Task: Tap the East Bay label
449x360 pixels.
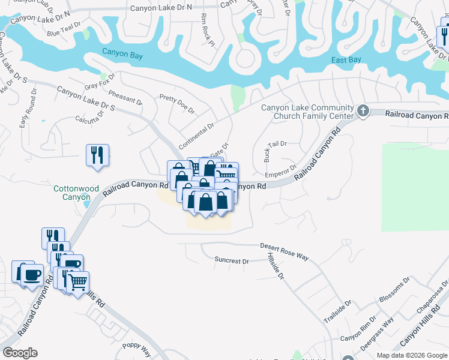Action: (x=346, y=60)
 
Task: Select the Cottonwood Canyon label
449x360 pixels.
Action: (x=76, y=193)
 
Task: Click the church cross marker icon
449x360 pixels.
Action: (x=363, y=110)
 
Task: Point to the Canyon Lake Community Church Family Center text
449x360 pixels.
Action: (x=307, y=112)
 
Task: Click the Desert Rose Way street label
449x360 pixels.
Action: (x=284, y=251)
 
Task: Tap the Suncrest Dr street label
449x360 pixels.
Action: (x=232, y=261)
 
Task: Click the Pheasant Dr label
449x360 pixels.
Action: (x=125, y=98)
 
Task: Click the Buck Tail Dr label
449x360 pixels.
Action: (x=276, y=144)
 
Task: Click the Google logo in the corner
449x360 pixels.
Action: (x=20, y=353)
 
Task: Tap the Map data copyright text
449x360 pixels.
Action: (x=412, y=355)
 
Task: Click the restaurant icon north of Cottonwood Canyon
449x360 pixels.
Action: (x=97, y=155)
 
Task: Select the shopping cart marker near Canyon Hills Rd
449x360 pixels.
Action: (x=77, y=281)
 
